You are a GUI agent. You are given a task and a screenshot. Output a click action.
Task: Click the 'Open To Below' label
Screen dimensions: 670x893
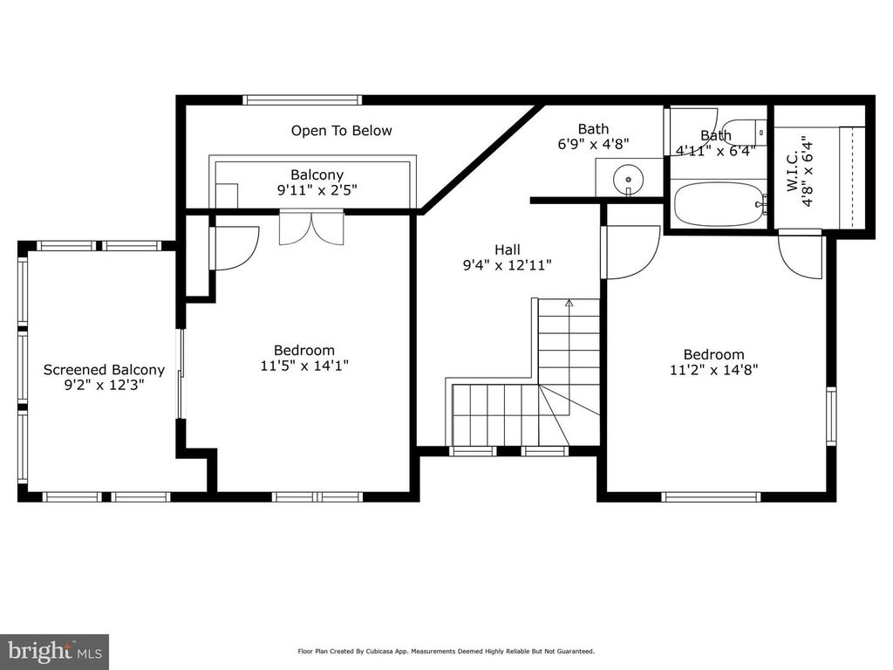pyautogui.click(x=341, y=131)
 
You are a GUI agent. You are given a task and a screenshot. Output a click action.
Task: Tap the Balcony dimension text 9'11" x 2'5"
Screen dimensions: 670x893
pyautogui.click(x=317, y=190)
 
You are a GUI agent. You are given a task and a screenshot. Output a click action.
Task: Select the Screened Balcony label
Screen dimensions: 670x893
pyautogui.click(x=104, y=370)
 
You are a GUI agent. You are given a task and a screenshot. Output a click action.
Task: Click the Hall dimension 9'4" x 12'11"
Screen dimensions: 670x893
pyautogui.click(x=508, y=264)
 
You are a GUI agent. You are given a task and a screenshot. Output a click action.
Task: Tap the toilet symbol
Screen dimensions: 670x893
pyautogui.click(x=746, y=132)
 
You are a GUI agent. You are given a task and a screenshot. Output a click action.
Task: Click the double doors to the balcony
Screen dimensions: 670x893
pyautogui.click(x=311, y=228)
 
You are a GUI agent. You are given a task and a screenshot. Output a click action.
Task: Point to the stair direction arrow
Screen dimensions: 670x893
pyautogui.click(x=569, y=304)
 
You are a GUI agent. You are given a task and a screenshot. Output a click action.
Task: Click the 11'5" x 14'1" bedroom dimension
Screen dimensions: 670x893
pyautogui.click(x=305, y=366)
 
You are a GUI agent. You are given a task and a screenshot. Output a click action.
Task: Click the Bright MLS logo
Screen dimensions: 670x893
pyautogui.click(x=53, y=651)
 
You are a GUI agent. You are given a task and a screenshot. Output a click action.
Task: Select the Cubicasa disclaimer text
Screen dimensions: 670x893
pyautogui.click(x=446, y=651)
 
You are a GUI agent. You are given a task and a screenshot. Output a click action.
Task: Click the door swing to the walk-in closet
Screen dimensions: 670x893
pyautogui.click(x=801, y=256)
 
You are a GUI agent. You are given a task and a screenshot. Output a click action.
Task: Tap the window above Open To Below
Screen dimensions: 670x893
pyautogui.click(x=303, y=99)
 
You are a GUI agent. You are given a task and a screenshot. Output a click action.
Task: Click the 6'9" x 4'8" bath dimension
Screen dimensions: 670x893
pyautogui.click(x=593, y=144)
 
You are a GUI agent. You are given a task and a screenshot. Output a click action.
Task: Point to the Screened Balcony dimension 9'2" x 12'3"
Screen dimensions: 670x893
pyautogui.click(x=104, y=385)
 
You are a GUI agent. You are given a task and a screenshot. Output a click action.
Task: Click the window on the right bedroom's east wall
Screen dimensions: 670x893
pyautogui.click(x=831, y=416)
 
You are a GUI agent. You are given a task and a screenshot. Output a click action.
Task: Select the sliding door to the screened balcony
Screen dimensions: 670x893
pyautogui.click(x=181, y=373)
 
